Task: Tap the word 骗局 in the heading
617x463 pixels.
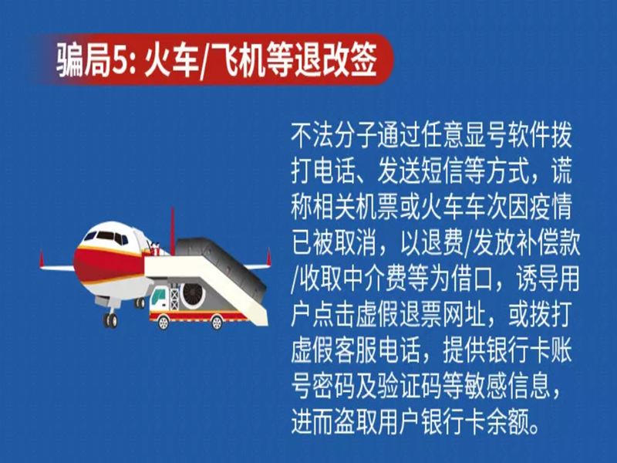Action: point(84,61)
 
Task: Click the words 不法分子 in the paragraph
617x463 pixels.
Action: point(334,136)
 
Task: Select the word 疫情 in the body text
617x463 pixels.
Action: point(551,208)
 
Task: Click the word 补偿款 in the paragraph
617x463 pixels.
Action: point(548,244)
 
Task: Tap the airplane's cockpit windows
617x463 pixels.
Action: point(106,237)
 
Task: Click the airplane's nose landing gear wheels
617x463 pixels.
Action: point(110,320)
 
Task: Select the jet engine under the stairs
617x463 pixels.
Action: point(193,295)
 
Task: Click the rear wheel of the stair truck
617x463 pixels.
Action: point(217,323)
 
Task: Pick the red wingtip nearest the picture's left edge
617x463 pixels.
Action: point(41,260)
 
